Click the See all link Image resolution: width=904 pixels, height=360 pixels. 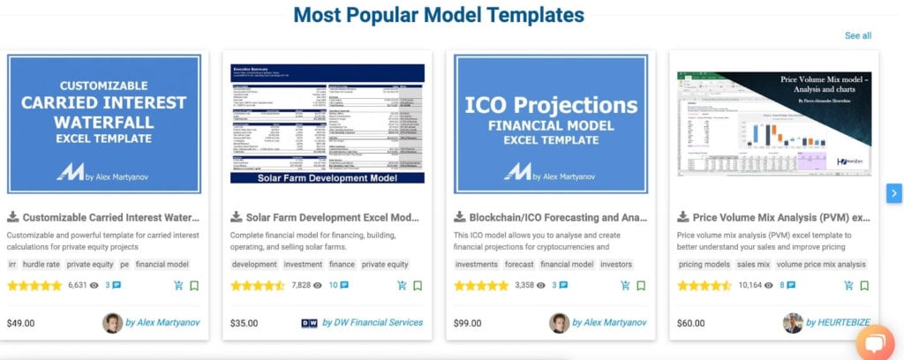click(x=857, y=35)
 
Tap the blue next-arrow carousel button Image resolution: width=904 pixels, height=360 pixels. click(x=894, y=193)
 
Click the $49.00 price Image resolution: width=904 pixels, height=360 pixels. click(x=20, y=323)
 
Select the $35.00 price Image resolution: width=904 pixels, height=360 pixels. click(x=245, y=323)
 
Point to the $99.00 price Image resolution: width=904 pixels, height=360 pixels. click(x=468, y=323)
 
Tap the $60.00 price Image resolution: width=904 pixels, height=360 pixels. click(x=691, y=323)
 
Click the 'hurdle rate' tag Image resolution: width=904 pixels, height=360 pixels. click(x=41, y=264)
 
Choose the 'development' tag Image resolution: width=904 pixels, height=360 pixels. click(x=254, y=264)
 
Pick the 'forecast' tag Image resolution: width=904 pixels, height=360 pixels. click(x=519, y=264)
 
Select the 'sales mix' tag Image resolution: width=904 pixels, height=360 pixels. click(x=753, y=264)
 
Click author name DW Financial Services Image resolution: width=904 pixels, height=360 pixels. click(x=372, y=323)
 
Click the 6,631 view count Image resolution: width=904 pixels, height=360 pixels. click(x=78, y=286)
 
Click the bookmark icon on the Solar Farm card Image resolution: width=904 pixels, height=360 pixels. click(x=418, y=286)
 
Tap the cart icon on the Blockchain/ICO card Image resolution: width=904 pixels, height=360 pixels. click(x=625, y=286)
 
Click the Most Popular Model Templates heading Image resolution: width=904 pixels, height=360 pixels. click(x=439, y=15)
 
